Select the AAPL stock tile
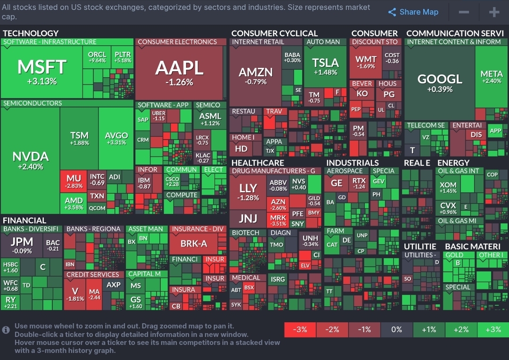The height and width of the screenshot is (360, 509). [180, 73]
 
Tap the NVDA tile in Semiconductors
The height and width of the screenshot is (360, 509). [30, 160]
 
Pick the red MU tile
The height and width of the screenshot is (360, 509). [74, 181]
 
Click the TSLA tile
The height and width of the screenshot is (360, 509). [325, 66]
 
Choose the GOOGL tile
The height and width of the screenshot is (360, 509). [439, 82]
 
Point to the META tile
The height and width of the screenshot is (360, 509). [492, 77]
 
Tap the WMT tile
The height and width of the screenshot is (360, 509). [366, 62]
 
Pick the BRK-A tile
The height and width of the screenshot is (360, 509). [194, 244]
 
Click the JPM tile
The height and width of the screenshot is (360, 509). [22, 245]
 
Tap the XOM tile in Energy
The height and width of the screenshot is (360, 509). [448, 188]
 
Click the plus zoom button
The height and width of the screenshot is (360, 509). [493, 12]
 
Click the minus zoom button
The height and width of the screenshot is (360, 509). [464, 12]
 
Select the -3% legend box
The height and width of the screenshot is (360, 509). [300, 329]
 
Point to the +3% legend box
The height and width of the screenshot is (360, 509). [493, 329]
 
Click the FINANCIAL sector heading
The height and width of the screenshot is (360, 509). [25, 220]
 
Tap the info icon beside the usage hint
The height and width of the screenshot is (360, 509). [6, 330]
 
